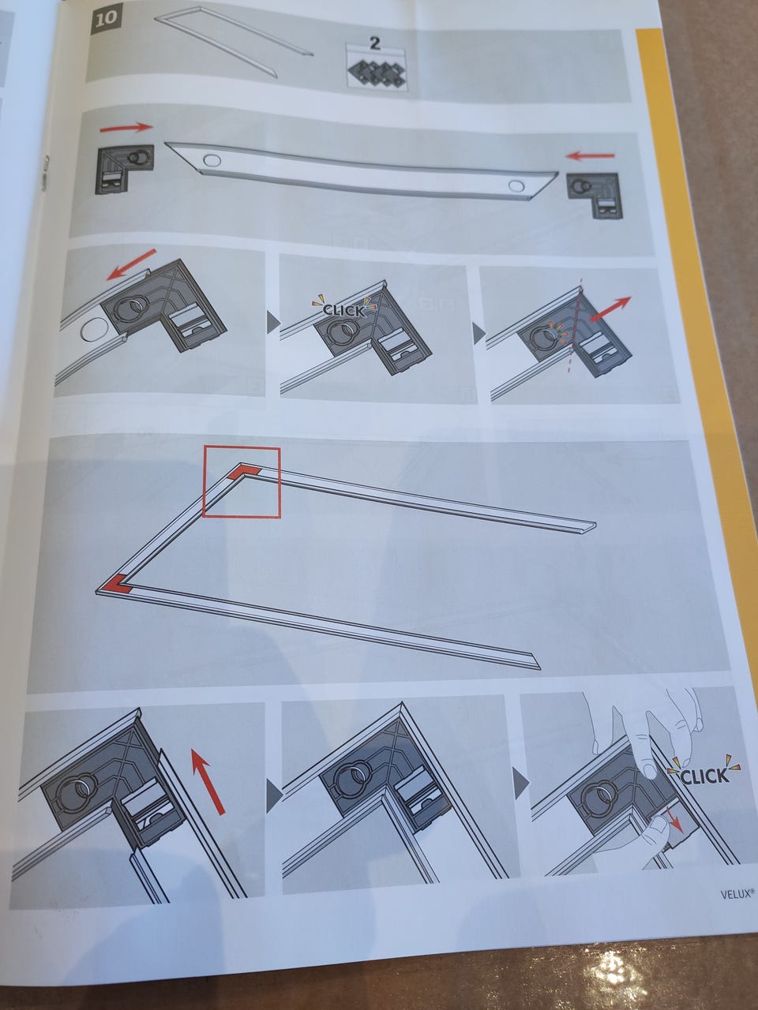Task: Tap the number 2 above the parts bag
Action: coord(376,44)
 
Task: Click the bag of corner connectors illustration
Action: coord(377,71)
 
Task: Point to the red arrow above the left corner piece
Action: coord(126,128)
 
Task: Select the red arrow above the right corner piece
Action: coord(590,155)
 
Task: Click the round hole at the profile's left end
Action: coord(212,160)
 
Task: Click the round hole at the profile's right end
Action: coord(516,185)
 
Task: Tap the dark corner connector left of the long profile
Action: coord(124,169)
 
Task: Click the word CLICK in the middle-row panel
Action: coord(343,311)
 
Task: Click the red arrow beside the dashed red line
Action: coord(610,309)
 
